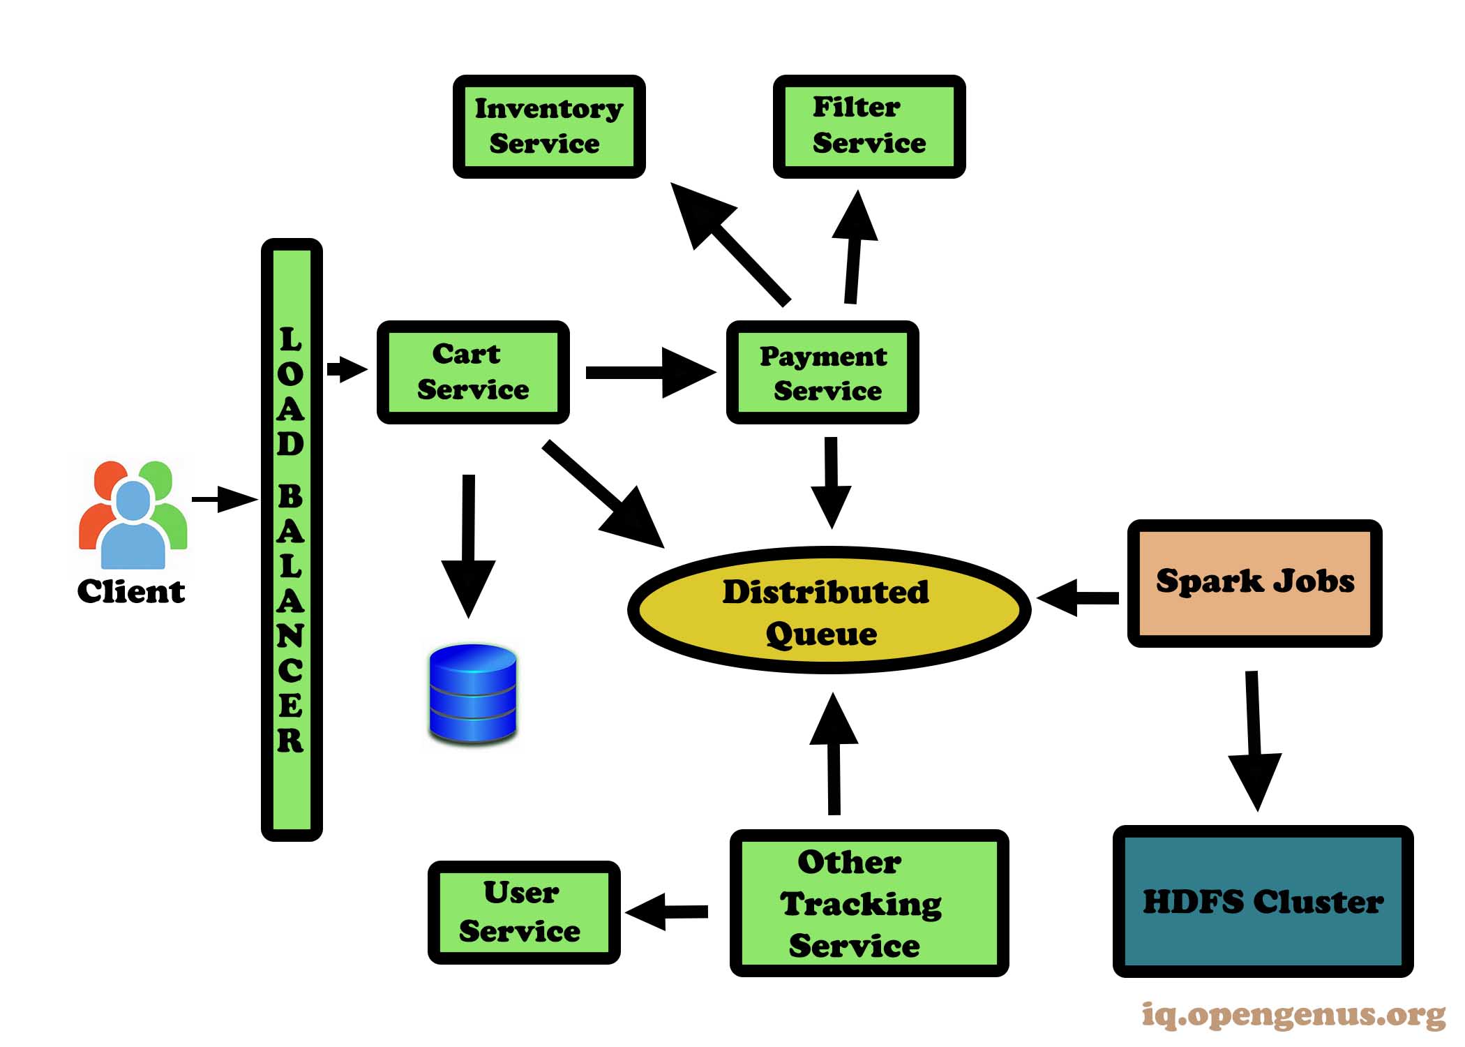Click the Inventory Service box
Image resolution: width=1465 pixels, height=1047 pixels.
[x=549, y=126]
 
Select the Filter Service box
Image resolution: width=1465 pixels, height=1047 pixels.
[x=869, y=126]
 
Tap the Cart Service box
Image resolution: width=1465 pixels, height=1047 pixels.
[x=473, y=372]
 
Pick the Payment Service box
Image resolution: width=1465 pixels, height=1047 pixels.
[x=822, y=372]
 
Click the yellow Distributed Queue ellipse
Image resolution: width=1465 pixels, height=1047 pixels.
[x=828, y=610]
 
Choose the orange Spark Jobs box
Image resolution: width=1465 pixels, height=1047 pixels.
[x=1254, y=583]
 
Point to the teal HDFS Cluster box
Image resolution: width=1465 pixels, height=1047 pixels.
[x=1262, y=901]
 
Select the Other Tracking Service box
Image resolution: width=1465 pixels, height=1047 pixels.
[x=869, y=903]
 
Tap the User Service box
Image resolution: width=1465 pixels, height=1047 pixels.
[x=523, y=912]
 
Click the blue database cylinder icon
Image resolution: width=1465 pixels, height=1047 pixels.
[x=473, y=692]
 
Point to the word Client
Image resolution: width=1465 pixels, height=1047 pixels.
[x=131, y=591]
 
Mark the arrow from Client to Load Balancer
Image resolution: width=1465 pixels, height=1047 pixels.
[x=225, y=499]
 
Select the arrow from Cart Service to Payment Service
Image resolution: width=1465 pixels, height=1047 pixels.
[x=649, y=373]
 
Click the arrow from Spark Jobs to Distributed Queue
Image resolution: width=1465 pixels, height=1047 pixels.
[x=1078, y=597]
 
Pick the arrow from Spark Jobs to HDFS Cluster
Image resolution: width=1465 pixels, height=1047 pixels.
[x=1254, y=740]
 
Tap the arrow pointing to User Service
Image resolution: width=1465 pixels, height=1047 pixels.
[x=667, y=912]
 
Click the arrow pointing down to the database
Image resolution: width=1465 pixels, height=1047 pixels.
[x=469, y=544]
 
